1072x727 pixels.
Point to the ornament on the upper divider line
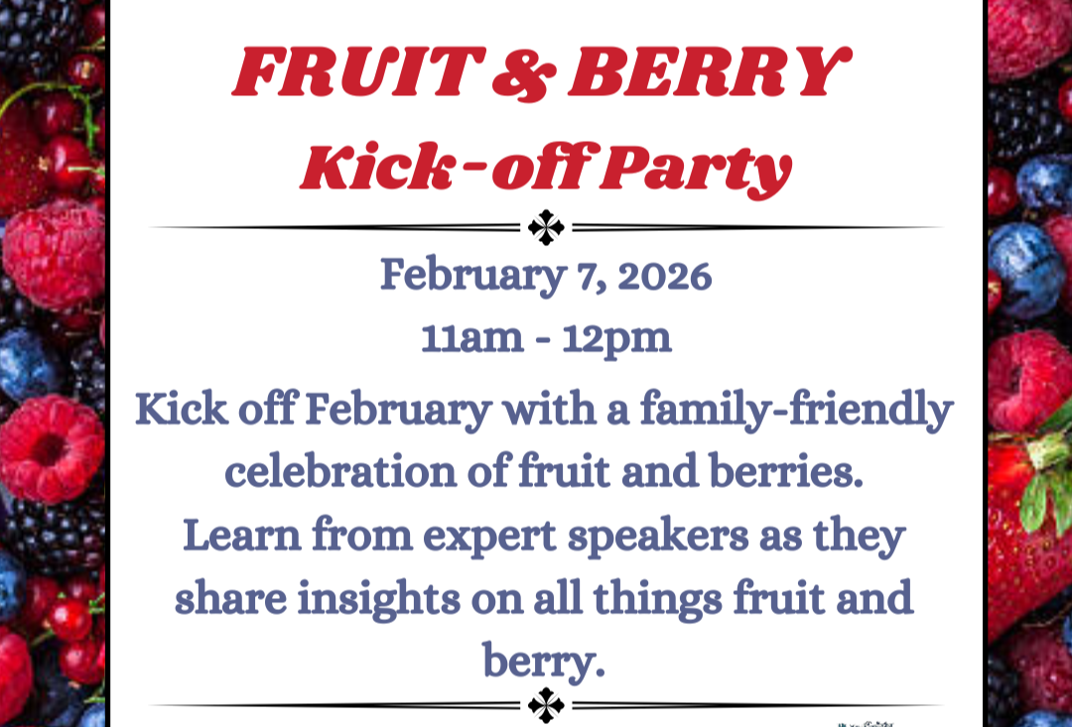click(546, 228)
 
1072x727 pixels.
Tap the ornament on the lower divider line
click(546, 706)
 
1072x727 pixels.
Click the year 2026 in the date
click(664, 277)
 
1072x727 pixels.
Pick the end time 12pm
click(617, 339)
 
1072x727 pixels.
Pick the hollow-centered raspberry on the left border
click(50, 448)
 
